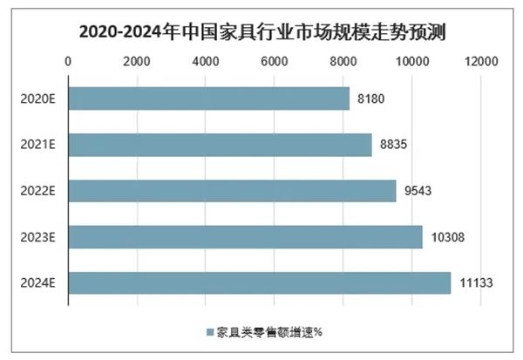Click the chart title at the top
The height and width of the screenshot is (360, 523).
pos(261,32)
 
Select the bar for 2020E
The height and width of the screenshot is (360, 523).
pos(208,98)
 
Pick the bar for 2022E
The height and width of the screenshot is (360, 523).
pos(232,191)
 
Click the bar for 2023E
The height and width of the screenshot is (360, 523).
pos(245,237)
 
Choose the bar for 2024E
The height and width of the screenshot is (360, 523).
pos(259,283)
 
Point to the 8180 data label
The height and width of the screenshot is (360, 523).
pos(371,98)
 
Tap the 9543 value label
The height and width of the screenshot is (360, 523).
pos(416,191)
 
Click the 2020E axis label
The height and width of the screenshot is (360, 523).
pos(37,98)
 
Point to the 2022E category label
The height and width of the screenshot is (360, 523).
pos(37,191)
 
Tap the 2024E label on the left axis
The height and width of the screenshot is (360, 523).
pos(37,283)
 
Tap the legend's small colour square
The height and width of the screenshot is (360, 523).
pos(209,331)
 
